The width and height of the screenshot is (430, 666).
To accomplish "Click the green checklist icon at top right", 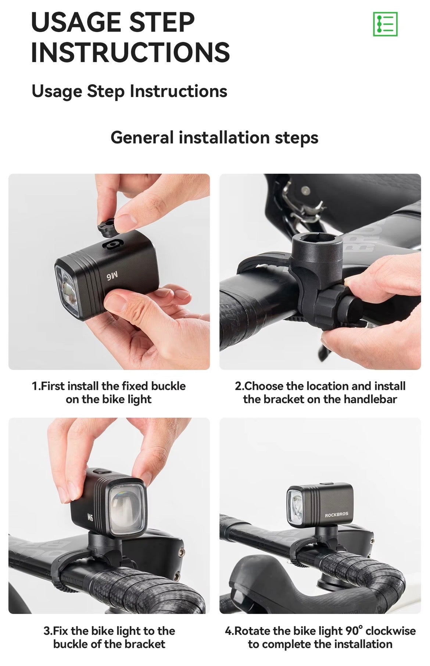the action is coord(385,24).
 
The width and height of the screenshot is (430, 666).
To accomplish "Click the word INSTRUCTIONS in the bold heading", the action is coord(130,52).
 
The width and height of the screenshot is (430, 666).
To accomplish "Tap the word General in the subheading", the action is coord(142,138).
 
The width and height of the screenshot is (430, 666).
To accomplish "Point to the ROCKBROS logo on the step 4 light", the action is coord(336,514).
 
